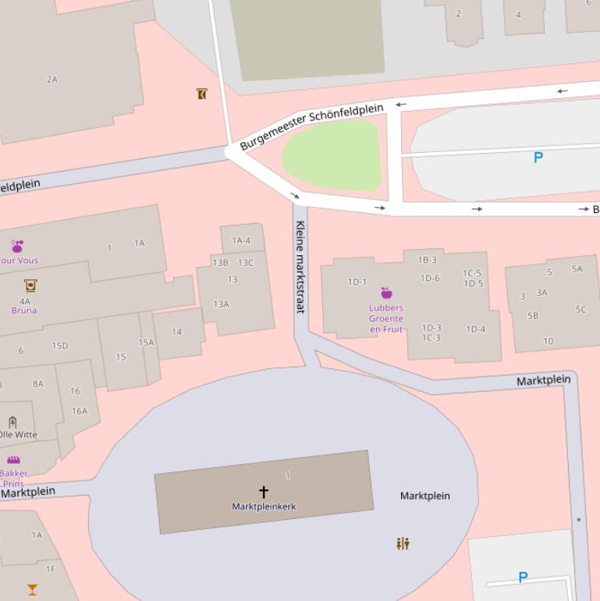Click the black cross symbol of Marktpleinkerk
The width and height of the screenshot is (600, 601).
coord(264,492)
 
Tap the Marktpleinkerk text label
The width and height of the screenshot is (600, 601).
coord(264,507)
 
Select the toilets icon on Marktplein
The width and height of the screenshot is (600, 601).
coord(403,543)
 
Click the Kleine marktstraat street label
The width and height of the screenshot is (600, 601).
coord(300,267)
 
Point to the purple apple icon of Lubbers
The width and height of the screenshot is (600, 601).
coord(386,293)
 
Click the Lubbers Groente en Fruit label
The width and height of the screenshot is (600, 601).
coord(386,318)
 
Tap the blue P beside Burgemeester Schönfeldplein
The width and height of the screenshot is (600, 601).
coord(538,158)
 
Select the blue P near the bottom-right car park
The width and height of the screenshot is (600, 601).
coord(523,578)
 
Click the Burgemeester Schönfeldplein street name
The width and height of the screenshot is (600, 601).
coord(312,126)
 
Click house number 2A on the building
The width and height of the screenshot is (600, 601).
coord(52,80)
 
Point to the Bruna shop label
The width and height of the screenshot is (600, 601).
coord(24,311)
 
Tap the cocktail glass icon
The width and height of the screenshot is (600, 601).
coord(32,589)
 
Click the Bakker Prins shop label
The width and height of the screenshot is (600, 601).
coord(14,478)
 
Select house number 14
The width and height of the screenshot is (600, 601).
coord(176,332)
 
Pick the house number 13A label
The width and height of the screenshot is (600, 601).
coord(222,304)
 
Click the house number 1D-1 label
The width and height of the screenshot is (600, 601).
coord(357,282)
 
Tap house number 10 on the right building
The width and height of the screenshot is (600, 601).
coord(549,341)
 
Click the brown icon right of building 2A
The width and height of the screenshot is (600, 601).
coord(201,94)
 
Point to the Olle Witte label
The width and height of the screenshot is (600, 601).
coord(18,435)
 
